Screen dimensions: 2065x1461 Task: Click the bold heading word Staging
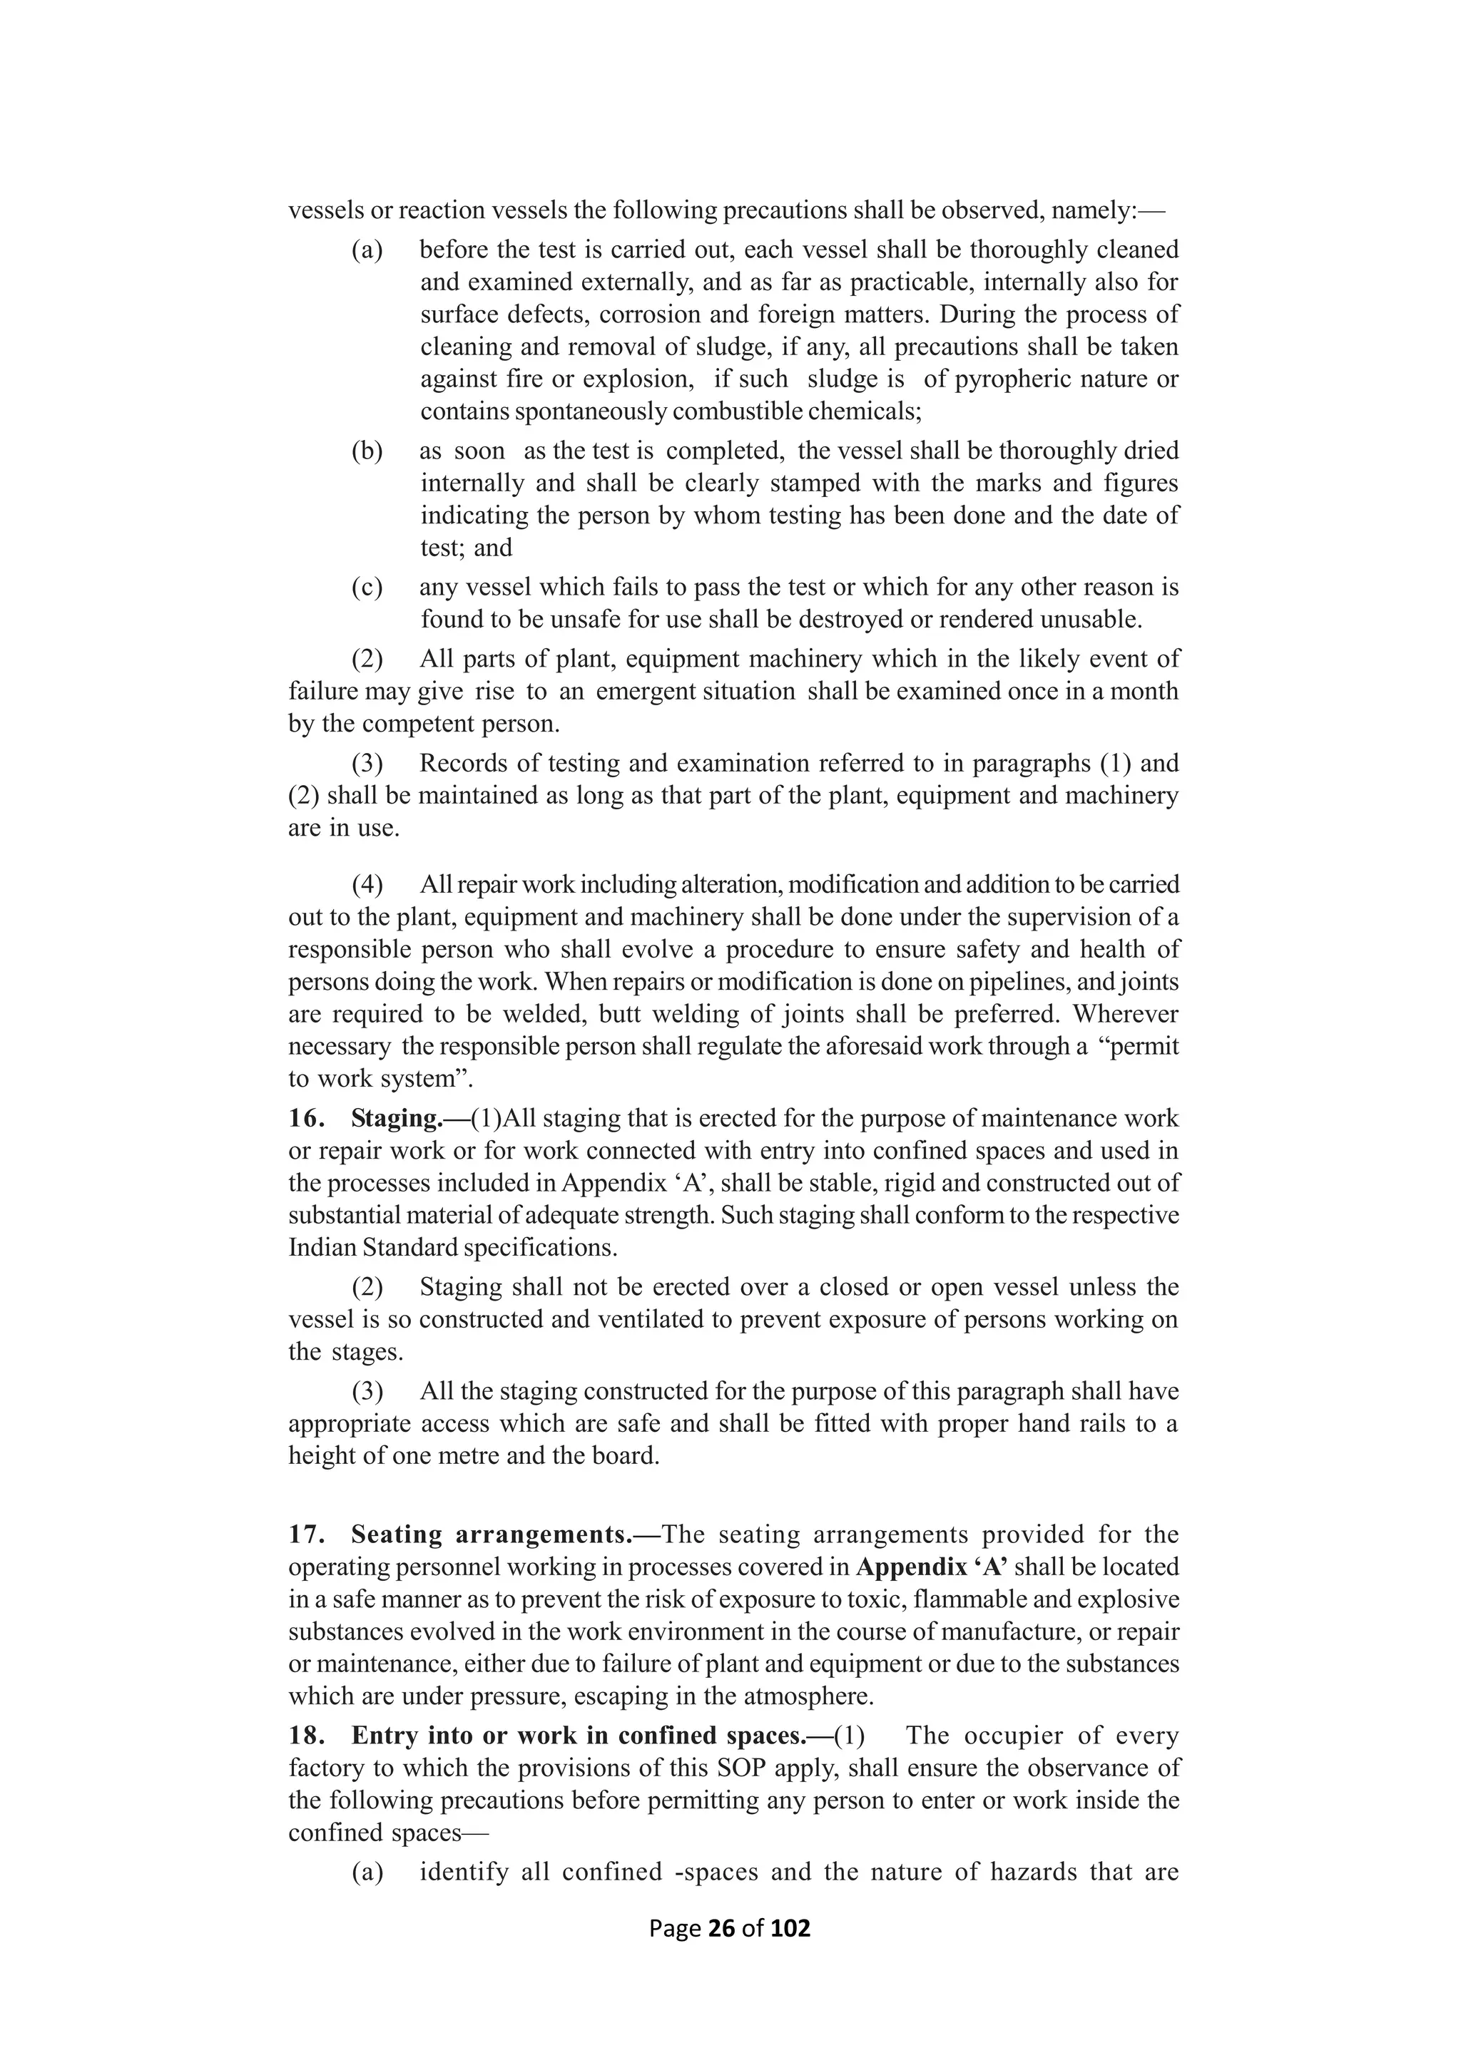pos(394,1118)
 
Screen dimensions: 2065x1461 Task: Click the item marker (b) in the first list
pos(366,451)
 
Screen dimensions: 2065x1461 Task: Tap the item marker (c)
pos(366,588)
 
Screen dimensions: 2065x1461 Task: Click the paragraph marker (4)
pos(366,884)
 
